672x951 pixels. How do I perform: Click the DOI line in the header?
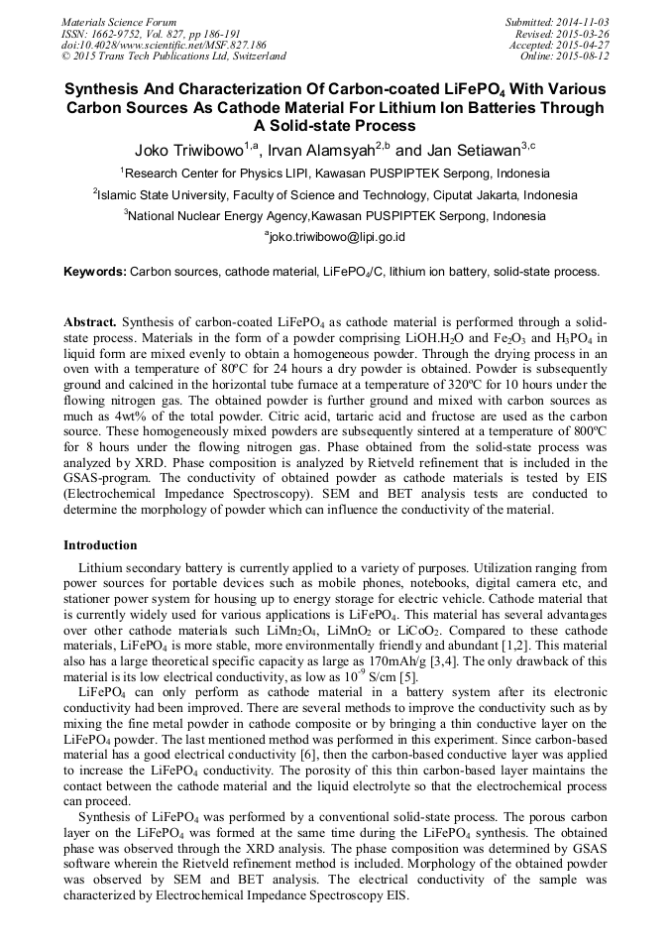tap(164, 46)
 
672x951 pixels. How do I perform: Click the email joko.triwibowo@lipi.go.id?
tap(335, 237)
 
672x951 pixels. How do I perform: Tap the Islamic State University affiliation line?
tap(335, 194)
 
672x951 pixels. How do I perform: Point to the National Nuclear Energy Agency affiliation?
tap(335, 215)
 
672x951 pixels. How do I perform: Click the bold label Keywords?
tap(95, 271)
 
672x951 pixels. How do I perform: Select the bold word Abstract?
tap(90, 323)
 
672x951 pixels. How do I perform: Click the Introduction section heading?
tap(100, 545)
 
